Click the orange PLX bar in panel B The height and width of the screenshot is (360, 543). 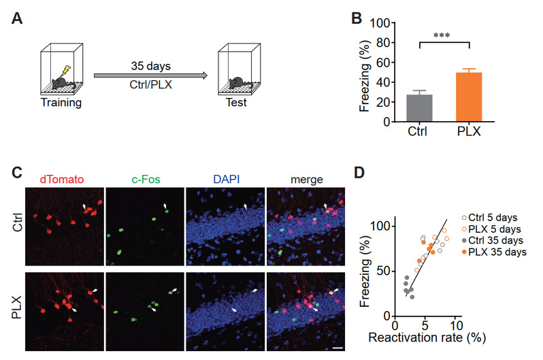tap(469, 97)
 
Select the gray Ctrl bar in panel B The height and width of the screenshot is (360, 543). tap(419, 108)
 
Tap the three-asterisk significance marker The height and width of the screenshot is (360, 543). tap(442, 35)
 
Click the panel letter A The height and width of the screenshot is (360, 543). tap(17, 18)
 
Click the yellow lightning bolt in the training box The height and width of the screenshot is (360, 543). tap(66, 71)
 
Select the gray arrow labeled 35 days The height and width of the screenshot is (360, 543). tap(150, 75)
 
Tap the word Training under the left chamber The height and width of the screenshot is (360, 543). tap(61, 103)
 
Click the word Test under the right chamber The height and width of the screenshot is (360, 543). tap(236, 103)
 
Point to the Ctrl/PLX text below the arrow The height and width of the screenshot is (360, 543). tap(150, 84)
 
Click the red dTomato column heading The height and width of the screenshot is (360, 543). tap(62, 179)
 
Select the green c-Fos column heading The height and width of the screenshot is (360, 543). tap(146, 179)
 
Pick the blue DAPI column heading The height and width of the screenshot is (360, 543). tap(227, 179)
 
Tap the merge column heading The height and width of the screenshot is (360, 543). tap(307, 180)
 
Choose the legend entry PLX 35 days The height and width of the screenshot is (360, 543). tap(494, 252)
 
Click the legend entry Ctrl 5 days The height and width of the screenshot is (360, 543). tap(489, 218)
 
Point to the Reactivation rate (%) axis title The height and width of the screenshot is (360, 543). tap(427, 337)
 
